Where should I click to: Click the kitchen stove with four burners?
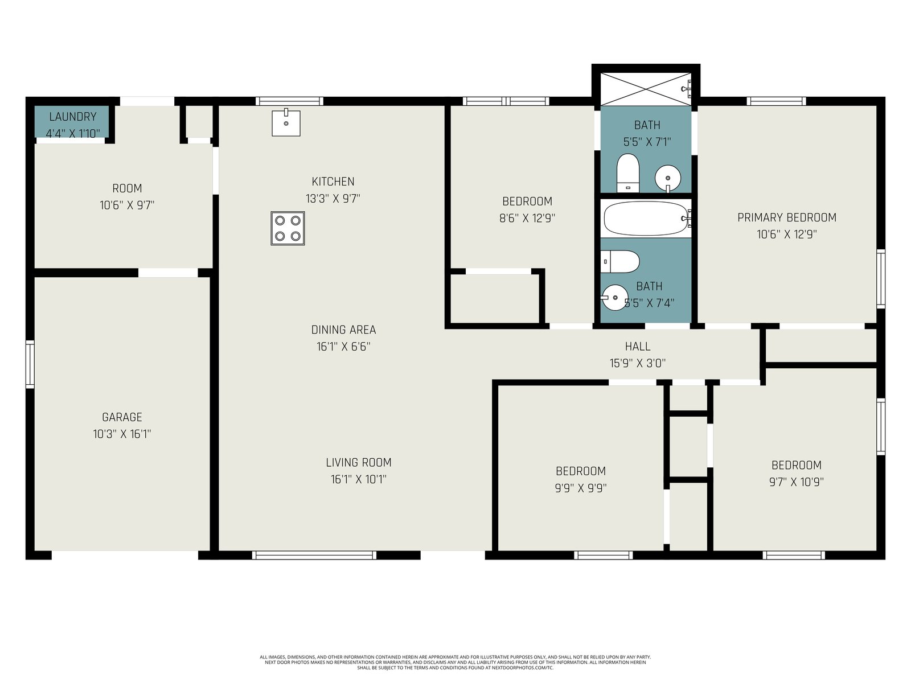[288, 228]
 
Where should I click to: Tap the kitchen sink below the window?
[286, 123]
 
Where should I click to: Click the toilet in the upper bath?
[627, 173]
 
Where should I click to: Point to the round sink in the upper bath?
[668, 178]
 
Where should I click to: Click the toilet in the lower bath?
[620, 261]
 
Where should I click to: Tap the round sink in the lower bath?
[615, 297]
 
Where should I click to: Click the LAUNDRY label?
[73, 117]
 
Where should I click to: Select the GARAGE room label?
[122, 417]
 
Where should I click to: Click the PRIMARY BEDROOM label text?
[786, 217]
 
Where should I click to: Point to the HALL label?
[638, 346]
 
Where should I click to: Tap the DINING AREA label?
[344, 330]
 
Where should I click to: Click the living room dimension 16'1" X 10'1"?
[359, 479]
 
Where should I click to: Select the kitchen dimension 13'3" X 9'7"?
[333, 199]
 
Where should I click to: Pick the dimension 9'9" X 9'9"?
[581, 488]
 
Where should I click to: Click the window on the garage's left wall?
[30, 364]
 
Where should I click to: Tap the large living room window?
[314, 555]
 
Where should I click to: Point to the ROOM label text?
[127, 188]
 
